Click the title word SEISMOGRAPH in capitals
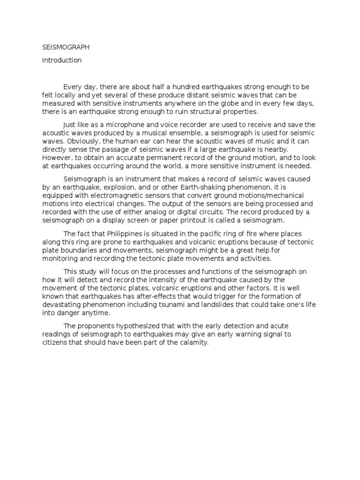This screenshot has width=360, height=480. (x=66, y=47)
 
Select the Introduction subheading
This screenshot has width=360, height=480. (x=62, y=60)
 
